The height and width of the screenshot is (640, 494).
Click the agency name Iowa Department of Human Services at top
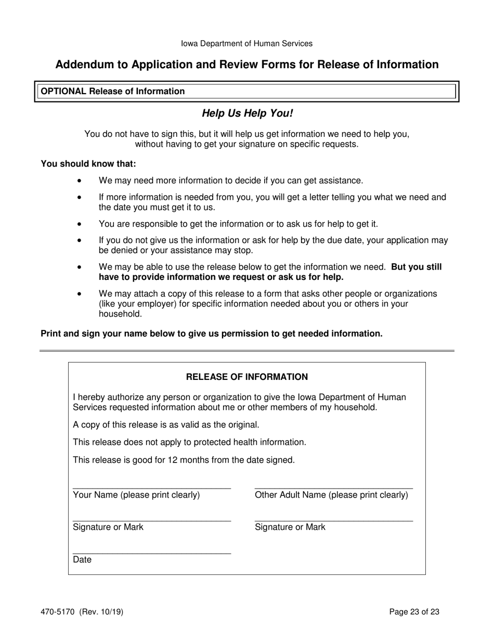point(246,44)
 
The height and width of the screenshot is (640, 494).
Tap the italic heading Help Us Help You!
point(247,113)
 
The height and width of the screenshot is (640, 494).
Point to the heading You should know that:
point(88,164)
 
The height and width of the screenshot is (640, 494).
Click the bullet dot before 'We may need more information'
point(79,181)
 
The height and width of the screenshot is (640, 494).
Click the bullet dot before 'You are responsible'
point(79,224)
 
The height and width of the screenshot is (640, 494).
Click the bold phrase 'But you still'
point(416,267)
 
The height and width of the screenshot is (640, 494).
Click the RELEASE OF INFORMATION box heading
point(247,377)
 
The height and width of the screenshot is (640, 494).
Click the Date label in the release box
point(82,560)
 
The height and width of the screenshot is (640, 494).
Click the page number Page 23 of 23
point(414,612)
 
